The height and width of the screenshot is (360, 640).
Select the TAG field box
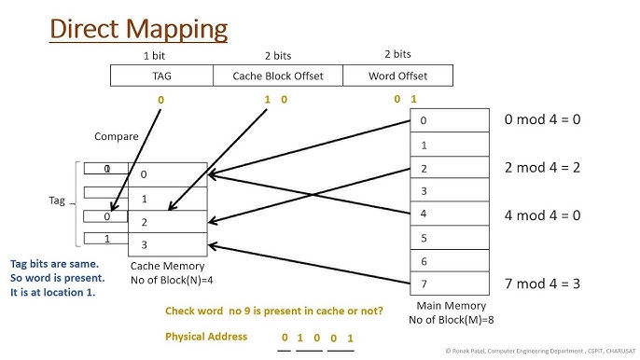pos(161,76)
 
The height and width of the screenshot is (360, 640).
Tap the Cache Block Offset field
pos(277,76)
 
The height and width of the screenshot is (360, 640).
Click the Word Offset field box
pos(398,76)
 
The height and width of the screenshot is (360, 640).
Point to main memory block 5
pos(450,238)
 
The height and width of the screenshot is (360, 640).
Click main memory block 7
pos(450,284)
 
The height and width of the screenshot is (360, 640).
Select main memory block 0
pos(450,121)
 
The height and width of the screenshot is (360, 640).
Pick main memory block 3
pos(450,191)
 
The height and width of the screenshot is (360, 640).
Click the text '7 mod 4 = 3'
pos(542,283)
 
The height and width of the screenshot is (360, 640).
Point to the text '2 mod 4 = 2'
pos(542,168)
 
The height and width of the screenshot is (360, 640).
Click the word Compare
pos(117,136)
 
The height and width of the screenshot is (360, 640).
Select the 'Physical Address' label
pos(206,336)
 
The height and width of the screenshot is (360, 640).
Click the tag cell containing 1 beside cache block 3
pos(108,239)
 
